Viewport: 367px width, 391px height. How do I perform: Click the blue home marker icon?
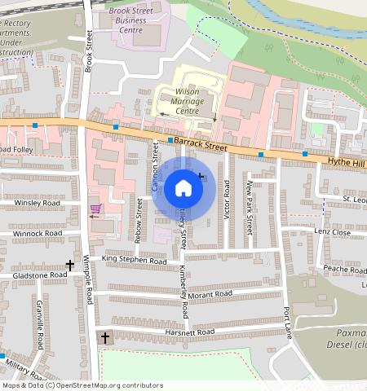(x=183, y=189)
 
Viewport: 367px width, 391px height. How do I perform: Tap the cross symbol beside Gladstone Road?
(x=69, y=265)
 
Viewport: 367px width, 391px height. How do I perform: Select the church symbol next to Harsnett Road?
(x=104, y=337)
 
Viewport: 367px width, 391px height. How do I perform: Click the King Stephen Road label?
(x=134, y=259)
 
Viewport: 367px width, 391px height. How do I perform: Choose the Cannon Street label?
(x=154, y=165)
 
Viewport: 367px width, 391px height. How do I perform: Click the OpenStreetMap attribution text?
(x=82, y=385)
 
